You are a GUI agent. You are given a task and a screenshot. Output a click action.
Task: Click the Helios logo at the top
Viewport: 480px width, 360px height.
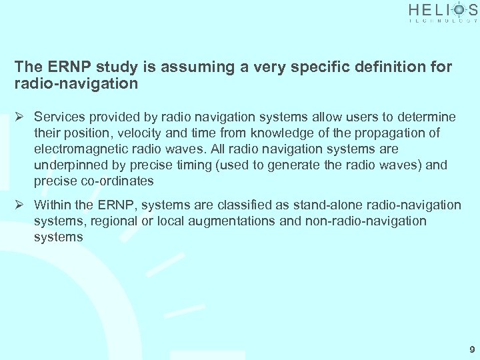click(443, 13)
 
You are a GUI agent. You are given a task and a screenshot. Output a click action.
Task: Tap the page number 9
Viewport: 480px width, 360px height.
click(472, 349)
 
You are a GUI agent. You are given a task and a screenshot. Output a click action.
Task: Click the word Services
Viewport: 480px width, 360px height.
click(59, 117)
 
